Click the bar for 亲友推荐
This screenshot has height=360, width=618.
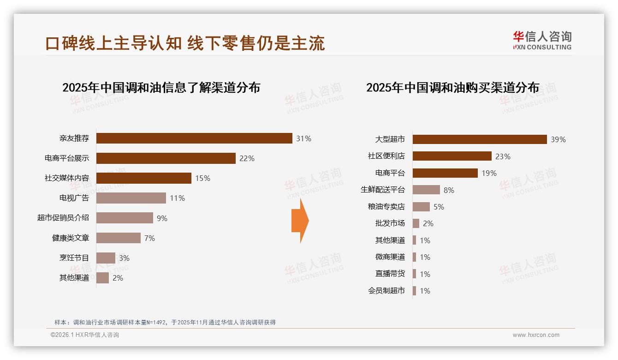coord(194,138)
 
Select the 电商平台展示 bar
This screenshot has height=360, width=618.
coord(166,158)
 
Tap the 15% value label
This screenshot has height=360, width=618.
coord(202,178)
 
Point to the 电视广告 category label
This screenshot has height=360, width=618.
coord(74,198)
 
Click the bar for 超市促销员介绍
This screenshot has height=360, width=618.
coord(125,218)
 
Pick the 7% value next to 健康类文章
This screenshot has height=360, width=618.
coord(149,238)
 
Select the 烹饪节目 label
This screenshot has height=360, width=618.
coord(74,258)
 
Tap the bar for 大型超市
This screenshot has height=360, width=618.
coord(480,139)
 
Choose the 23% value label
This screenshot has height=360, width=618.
coord(503,156)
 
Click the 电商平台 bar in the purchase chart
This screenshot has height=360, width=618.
coord(445,173)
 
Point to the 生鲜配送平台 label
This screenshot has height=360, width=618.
coord(383,190)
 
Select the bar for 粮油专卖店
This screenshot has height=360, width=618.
coord(421,207)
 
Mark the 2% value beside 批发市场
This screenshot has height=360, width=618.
coord(428,223)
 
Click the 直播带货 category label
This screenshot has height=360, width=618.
coord(390,274)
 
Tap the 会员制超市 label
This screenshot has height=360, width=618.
coord(386,291)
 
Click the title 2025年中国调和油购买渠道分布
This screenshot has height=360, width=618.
coord(452,87)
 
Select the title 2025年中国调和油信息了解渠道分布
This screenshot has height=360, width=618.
coord(161,87)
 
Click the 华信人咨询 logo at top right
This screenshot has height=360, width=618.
coord(542,40)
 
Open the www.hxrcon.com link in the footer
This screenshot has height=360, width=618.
coord(536,335)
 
